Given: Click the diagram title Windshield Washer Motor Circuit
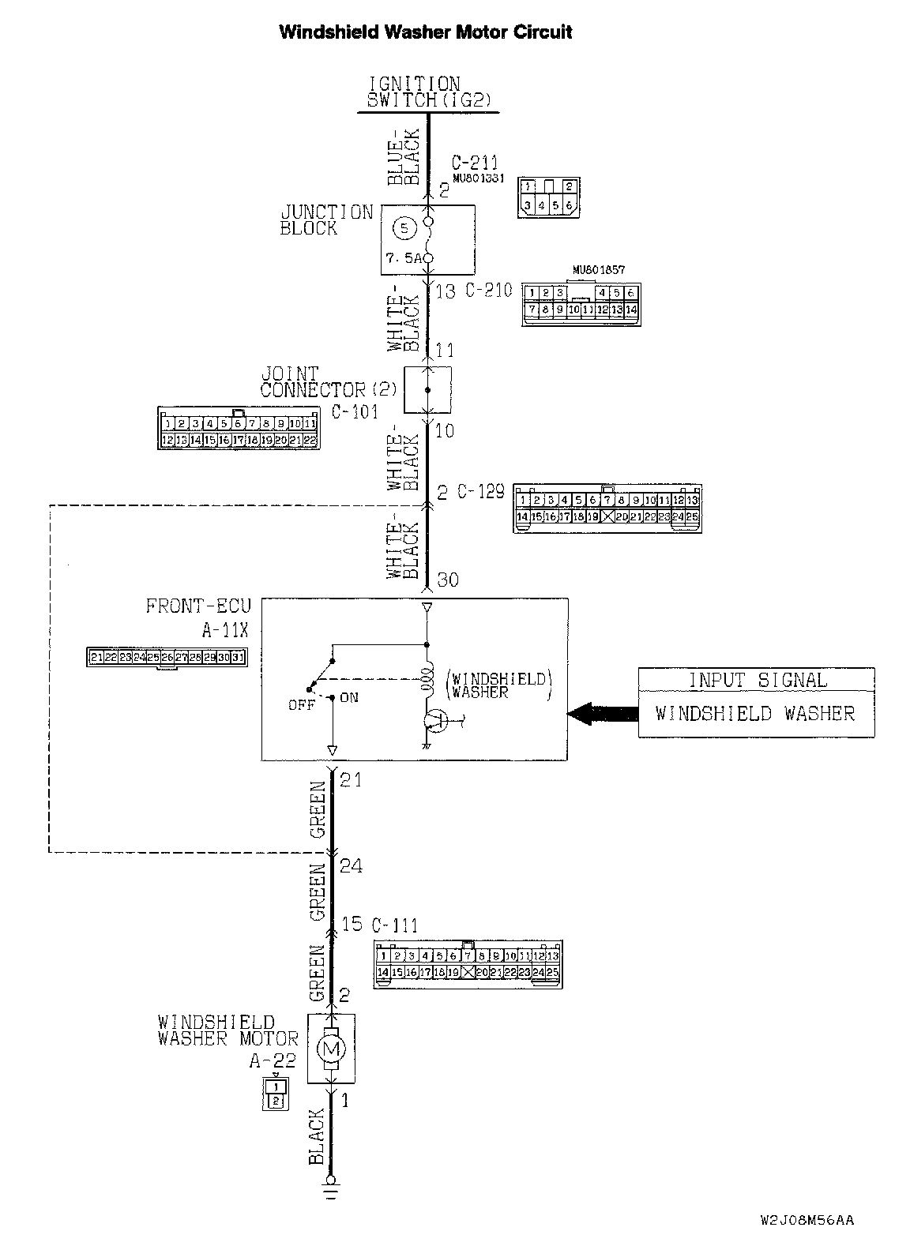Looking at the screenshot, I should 426,32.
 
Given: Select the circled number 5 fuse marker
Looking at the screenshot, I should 404,228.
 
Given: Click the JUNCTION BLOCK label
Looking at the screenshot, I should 326,220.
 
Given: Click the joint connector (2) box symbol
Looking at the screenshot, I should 427,389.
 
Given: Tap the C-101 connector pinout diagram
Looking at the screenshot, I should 239,430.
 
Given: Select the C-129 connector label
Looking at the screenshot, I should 480,491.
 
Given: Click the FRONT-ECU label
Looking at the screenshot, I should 198,606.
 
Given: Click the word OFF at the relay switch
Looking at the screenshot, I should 301,705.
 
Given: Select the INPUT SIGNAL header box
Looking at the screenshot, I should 756,680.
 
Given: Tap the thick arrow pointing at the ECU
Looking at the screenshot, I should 603,714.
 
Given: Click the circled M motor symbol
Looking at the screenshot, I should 331,1049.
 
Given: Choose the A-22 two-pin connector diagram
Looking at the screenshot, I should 275,1094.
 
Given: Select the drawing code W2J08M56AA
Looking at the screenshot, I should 807,1221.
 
